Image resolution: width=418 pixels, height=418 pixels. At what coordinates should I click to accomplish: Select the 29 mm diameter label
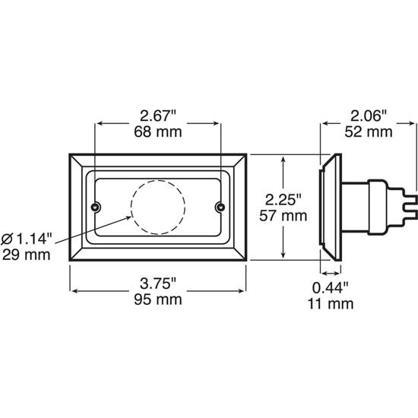27,254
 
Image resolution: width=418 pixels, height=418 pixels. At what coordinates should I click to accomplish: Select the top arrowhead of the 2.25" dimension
283,160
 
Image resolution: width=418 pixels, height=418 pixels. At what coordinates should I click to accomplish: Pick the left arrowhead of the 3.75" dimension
74,290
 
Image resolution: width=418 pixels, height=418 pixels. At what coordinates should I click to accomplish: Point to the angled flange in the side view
329,205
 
